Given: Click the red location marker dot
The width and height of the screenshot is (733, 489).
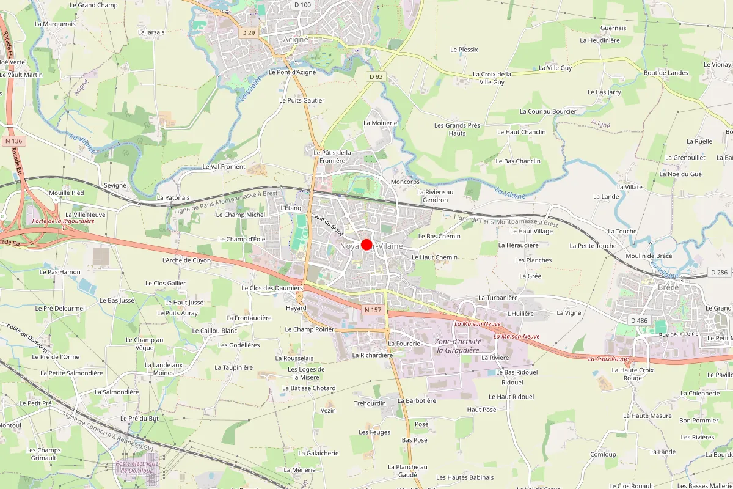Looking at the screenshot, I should click(366, 244).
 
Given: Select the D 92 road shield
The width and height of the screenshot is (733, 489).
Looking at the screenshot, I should click(376, 76).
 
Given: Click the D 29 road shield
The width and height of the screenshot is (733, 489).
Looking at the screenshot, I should click(248, 32).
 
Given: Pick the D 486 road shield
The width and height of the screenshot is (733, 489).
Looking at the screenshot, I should click(639, 320).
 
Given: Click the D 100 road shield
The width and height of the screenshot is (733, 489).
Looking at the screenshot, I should click(302, 5).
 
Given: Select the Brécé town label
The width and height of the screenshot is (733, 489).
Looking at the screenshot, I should click(668, 287).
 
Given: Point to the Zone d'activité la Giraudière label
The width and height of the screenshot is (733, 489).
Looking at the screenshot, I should click(458, 346).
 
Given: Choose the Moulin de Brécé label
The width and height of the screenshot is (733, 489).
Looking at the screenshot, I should click(649, 256).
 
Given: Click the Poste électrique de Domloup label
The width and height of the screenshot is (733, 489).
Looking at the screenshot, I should click(137, 466).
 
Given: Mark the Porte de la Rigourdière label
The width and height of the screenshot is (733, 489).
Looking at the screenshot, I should click(64, 221).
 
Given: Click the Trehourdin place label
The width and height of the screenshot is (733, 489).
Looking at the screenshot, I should click(370, 403).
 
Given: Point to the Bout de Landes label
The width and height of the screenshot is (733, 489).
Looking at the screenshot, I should click(666, 73).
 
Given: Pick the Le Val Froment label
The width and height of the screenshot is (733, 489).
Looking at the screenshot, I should click(224, 166).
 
